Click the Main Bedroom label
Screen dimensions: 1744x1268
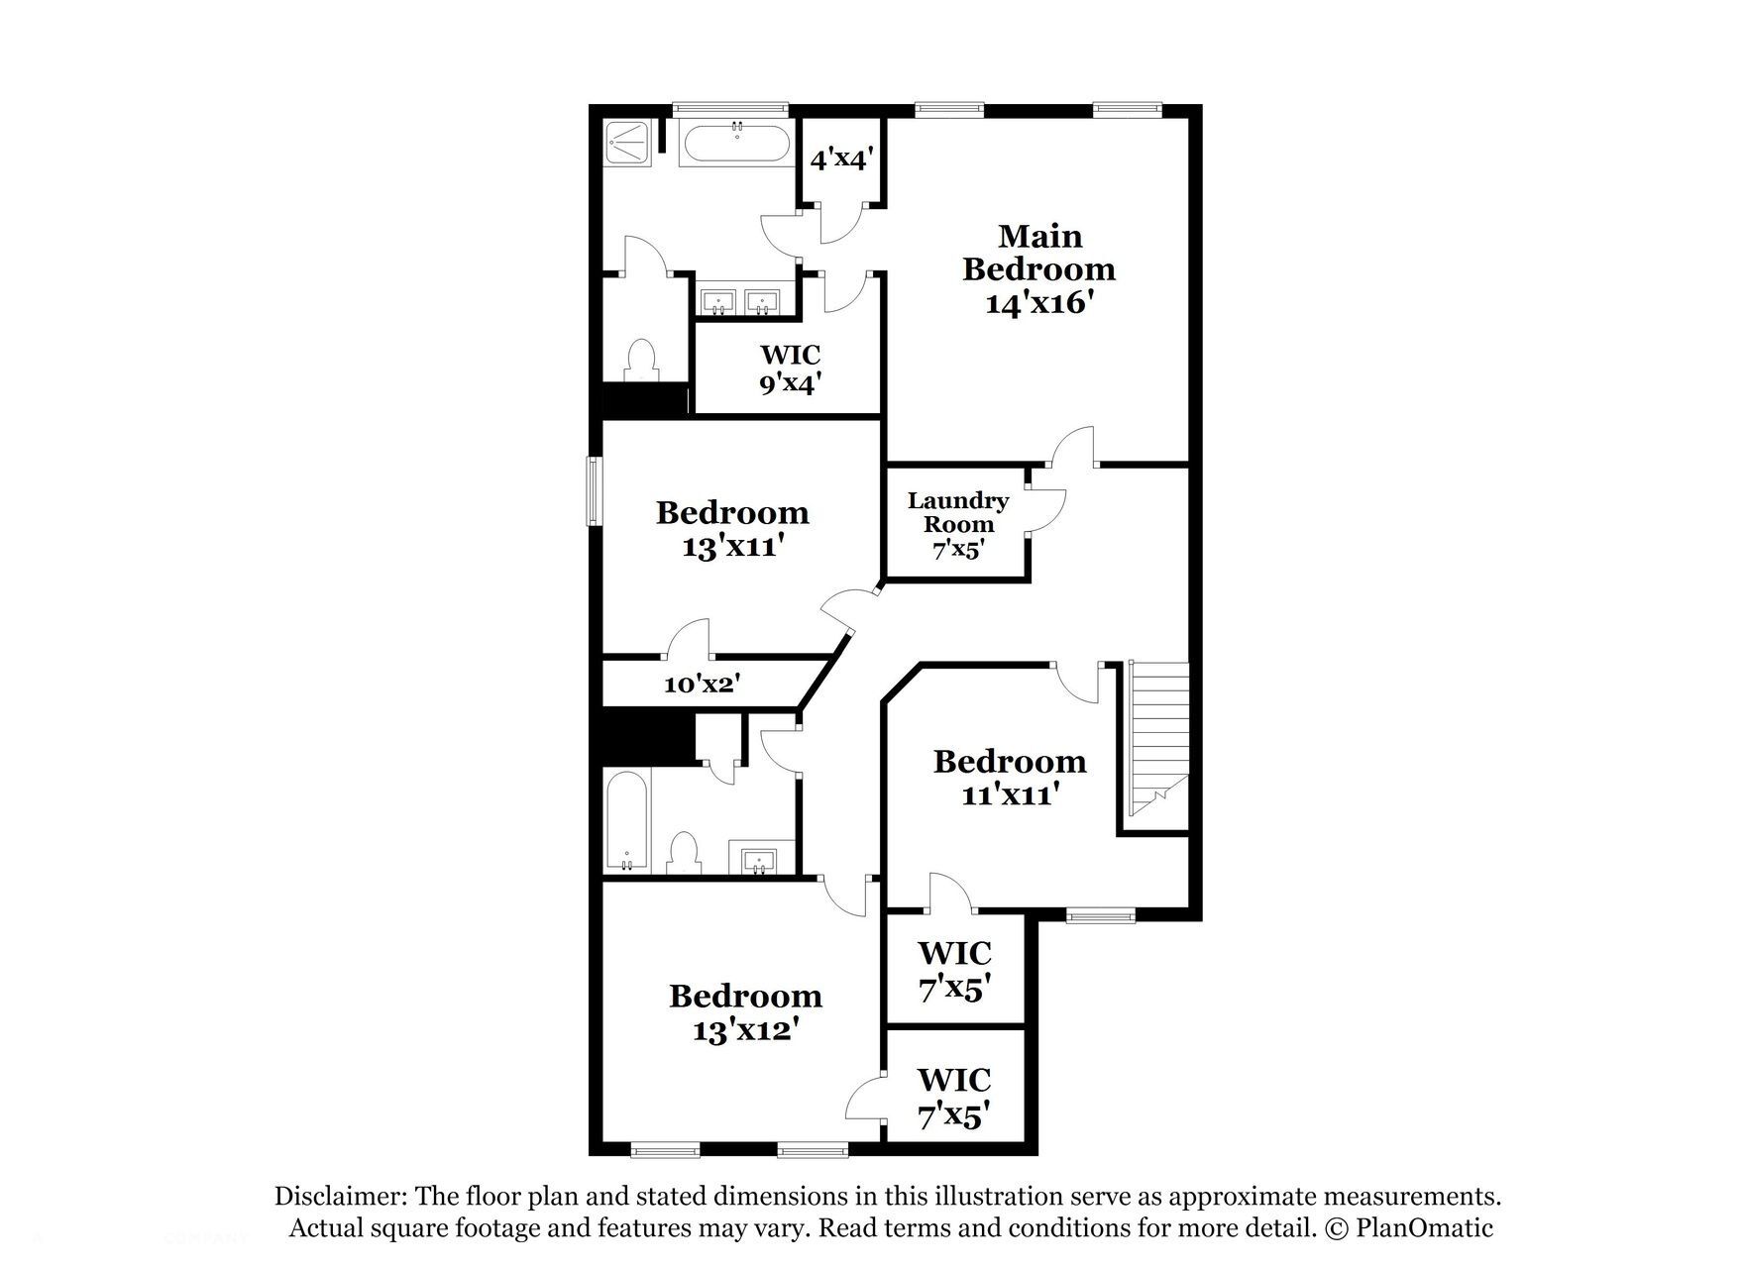pos(1038,269)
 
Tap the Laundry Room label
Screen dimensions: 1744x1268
pos(958,526)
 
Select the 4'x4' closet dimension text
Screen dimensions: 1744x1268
pos(841,158)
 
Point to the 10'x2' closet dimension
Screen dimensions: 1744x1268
pos(703,683)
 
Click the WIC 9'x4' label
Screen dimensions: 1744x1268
pos(790,370)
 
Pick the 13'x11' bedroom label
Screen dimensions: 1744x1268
pos(732,530)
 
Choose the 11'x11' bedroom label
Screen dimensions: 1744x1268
pos(1010,778)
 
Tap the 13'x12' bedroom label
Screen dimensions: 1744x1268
pos(745,1012)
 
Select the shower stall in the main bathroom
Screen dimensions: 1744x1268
pos(628,145)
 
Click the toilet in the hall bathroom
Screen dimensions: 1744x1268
pos(684,853)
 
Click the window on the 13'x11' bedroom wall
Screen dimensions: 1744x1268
pos(594,490)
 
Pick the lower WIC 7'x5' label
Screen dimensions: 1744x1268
pos(954,1098)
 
